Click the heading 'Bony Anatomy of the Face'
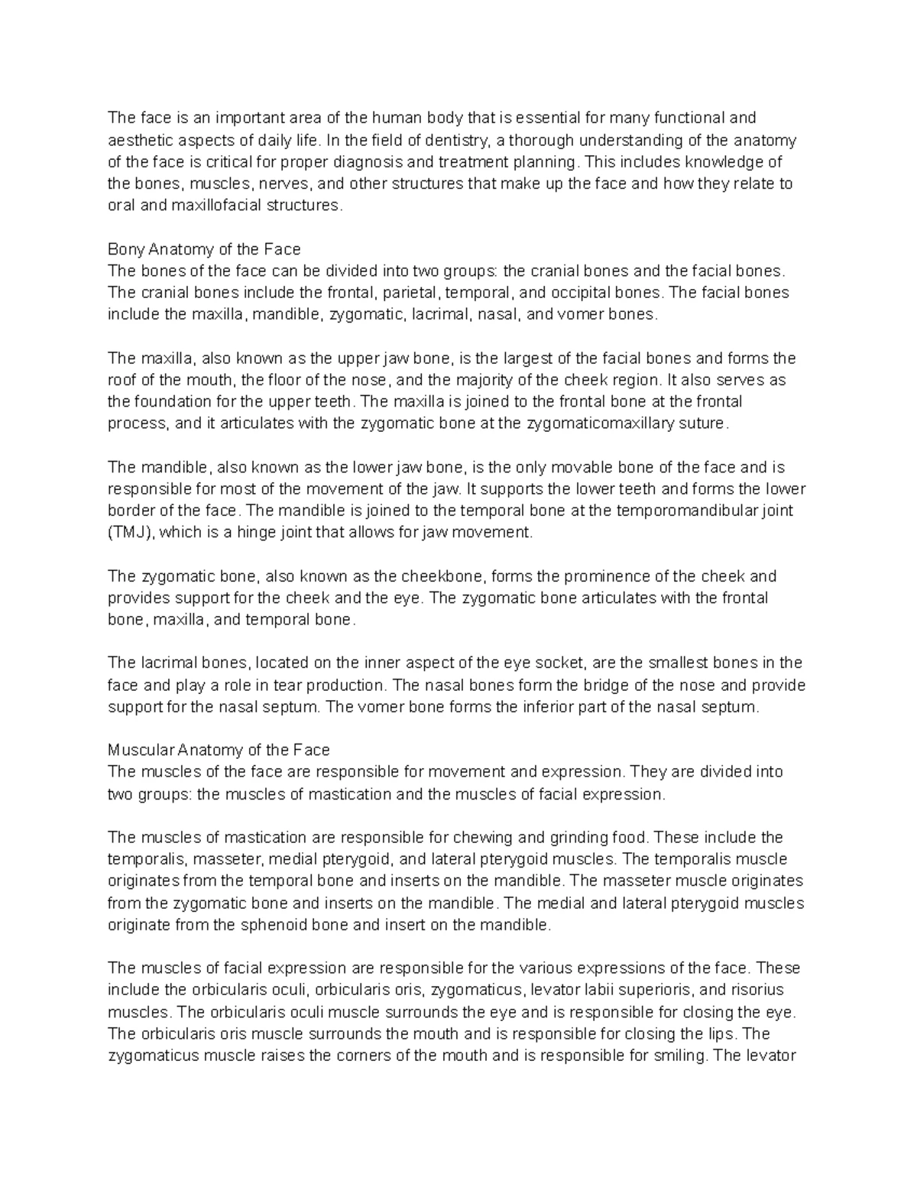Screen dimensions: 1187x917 tap(204, 249)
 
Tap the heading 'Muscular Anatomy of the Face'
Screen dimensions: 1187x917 tap(219, 750)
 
